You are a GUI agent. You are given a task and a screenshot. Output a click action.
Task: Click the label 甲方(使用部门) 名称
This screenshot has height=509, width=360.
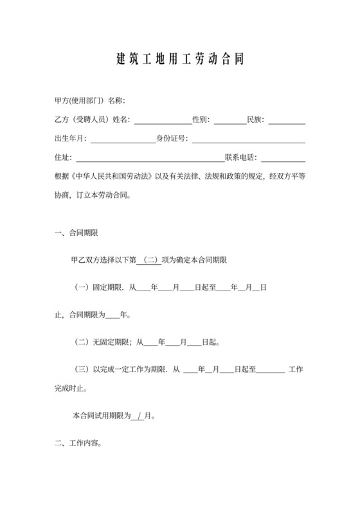click(90, 102)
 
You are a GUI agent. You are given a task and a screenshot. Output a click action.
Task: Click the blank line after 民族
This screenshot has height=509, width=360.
click(291, 120)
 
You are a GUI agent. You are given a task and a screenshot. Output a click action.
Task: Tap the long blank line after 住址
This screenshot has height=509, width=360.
click(150, 157)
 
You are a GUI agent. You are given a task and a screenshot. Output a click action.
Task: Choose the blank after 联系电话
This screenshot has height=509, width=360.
click(283, 157)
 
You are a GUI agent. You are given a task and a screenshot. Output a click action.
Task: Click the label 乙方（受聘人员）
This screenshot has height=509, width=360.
click(83, 120)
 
